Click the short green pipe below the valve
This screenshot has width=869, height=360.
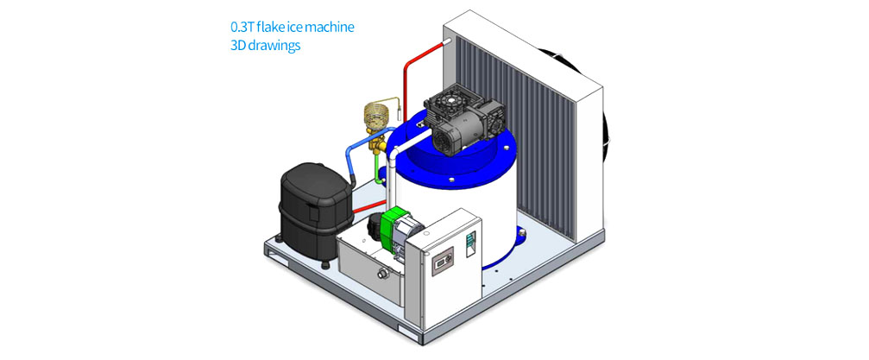point(378,168)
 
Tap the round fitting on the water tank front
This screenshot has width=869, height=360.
point(381,273)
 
